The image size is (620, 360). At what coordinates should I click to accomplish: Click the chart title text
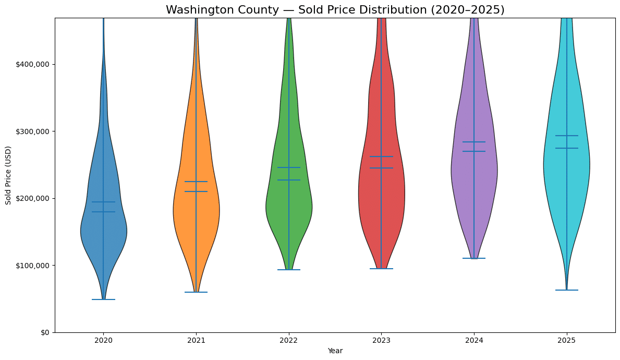(x=335, y=10)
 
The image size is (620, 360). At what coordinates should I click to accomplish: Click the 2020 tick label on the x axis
(x=103, y=341)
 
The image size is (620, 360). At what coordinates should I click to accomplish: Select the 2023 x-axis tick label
(x=381, y=341)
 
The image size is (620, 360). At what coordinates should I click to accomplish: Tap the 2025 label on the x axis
(x=566, y=341)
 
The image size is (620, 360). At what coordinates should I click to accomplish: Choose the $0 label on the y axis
(x=45, y=332)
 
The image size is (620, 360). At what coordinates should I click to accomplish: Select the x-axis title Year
(x=335, y=351)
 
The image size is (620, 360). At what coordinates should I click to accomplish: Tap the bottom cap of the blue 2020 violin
(x=103, y=299)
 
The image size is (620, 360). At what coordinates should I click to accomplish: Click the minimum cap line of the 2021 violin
(x=196, y=292)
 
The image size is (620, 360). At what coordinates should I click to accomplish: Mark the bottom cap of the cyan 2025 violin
(x=566, y=290)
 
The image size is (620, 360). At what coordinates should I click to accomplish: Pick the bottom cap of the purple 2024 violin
(x=474, y=258)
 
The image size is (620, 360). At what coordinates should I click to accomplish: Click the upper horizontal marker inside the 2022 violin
(x=288, y=167)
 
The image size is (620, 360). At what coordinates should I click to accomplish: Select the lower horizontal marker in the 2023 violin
(x=381, y=168)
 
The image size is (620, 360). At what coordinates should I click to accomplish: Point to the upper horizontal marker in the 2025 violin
(x=566, y=136)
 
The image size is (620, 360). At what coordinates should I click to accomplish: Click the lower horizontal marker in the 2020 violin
(x=103, y=212)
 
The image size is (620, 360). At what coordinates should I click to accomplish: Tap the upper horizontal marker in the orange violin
(x=196, y=182)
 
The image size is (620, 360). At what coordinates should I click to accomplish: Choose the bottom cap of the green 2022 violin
(x=288, y=270)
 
